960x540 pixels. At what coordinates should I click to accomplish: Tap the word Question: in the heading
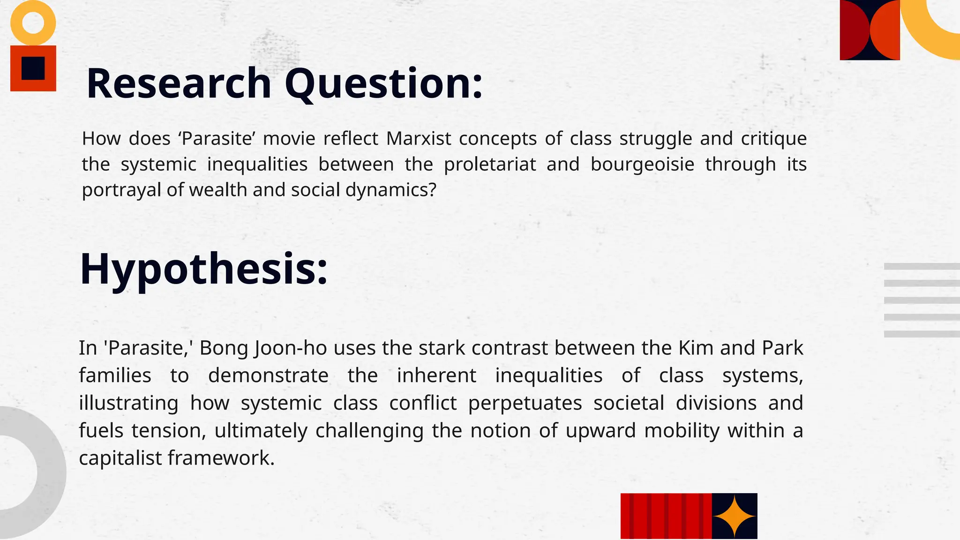click(x=383, y=84)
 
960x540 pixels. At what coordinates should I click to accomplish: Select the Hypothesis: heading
click(x=203, y=269)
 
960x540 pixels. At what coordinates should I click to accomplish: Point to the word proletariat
click(x=489, y=165)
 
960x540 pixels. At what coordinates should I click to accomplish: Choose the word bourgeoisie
click(x=642, y=165)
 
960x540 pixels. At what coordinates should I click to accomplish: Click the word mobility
click(x=682, y=431)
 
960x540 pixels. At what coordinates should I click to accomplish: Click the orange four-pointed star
click(x=734, y=516)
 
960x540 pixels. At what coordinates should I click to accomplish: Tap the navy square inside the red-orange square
click(x=33, y=68)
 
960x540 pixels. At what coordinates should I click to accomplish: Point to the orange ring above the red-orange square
click(x=33, y=22)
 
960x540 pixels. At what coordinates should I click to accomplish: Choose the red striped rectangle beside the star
click(x=666, y=516)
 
